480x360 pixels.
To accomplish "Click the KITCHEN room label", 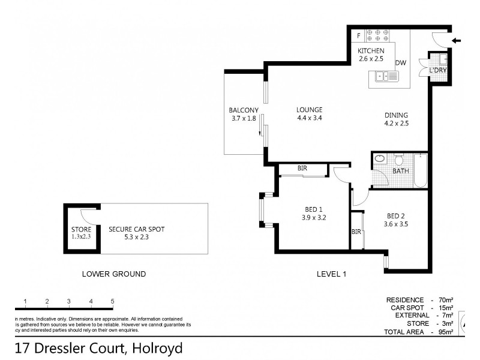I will point(371,51).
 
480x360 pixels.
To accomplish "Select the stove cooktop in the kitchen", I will point(378,35).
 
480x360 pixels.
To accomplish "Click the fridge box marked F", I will point(359,35).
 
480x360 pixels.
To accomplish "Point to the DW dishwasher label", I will point(401,62).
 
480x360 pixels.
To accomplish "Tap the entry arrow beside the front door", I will point(457,41).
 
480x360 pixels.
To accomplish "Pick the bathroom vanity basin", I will point(380,159).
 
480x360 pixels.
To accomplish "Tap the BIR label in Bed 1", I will point(302,169).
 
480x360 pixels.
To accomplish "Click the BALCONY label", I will point(243,110).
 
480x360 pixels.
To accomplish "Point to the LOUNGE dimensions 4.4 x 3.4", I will point(309,118).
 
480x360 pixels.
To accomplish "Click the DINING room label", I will point(396,115).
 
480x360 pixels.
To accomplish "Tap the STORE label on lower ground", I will point(80,229).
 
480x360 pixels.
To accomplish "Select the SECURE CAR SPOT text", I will point(136,229).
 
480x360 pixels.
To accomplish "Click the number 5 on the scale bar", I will point(112,301).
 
